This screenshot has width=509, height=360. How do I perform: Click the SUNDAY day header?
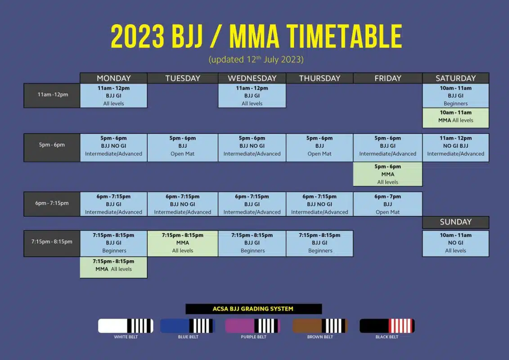coord(455,222)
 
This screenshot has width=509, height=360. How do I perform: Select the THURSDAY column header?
coord(320,78)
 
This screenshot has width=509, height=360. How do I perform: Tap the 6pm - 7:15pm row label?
coord(52,203)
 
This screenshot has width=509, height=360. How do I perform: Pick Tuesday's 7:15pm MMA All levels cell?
coord(182,243)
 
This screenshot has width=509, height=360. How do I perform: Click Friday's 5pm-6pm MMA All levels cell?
coord(387,174)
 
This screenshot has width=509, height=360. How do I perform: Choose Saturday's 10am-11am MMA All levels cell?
coord(455,117)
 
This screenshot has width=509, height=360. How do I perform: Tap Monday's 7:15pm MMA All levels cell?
coord(113,267)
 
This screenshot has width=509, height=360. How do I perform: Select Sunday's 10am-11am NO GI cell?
coord(455,243)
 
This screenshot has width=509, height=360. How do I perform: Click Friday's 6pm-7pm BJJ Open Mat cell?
coord(387,204)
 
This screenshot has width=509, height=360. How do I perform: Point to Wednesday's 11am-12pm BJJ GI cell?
coord(252,95)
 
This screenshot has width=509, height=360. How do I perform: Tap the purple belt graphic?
coord(252,326)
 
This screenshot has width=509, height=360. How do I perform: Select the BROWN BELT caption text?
coord(320,337)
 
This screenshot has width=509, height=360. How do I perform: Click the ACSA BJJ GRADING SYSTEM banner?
coord(253,309)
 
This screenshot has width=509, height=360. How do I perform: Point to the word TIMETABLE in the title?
coord(344,36)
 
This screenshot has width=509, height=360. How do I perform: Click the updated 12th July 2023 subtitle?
coord(256,59)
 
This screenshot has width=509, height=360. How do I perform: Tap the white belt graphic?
coord(126,326)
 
